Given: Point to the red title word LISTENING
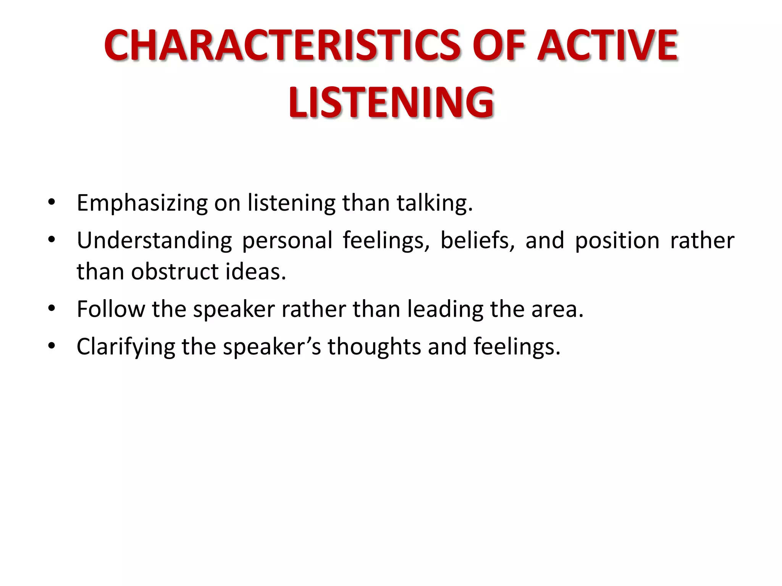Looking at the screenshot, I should [391, 102].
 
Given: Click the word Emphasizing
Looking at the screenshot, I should [142, 203].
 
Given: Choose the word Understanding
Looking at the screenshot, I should [154, 241].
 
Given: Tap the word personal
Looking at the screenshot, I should [287, 241].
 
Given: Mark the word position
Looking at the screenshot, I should [617, 241].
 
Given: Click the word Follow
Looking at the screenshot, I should [111, 309].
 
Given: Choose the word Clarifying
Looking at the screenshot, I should [126, 347].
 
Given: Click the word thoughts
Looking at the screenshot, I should [374, 346].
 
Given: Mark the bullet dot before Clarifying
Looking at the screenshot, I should [52, 346].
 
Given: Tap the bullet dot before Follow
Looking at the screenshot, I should [52, 308].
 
